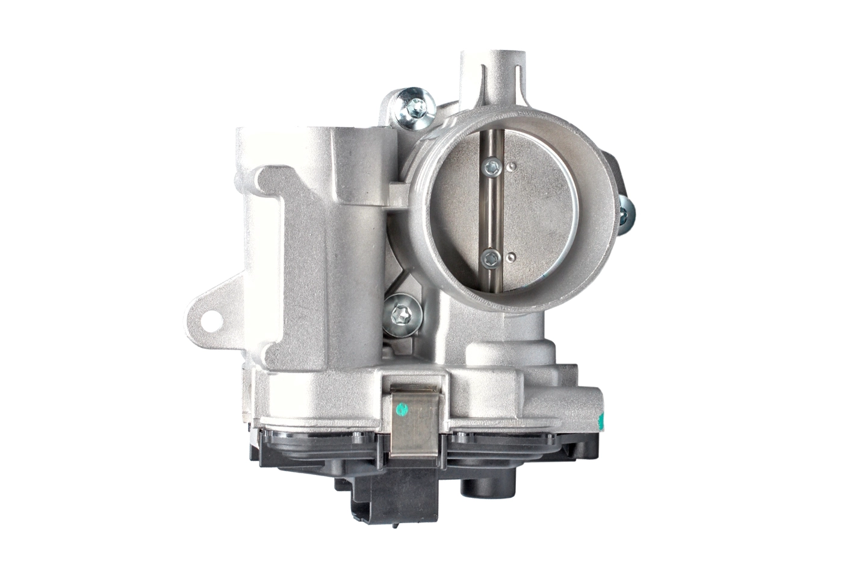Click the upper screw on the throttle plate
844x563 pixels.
(x=492, y=166)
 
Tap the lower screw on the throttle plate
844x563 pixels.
(x=491, y=259)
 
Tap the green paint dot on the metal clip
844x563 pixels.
(x=402, y=410)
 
